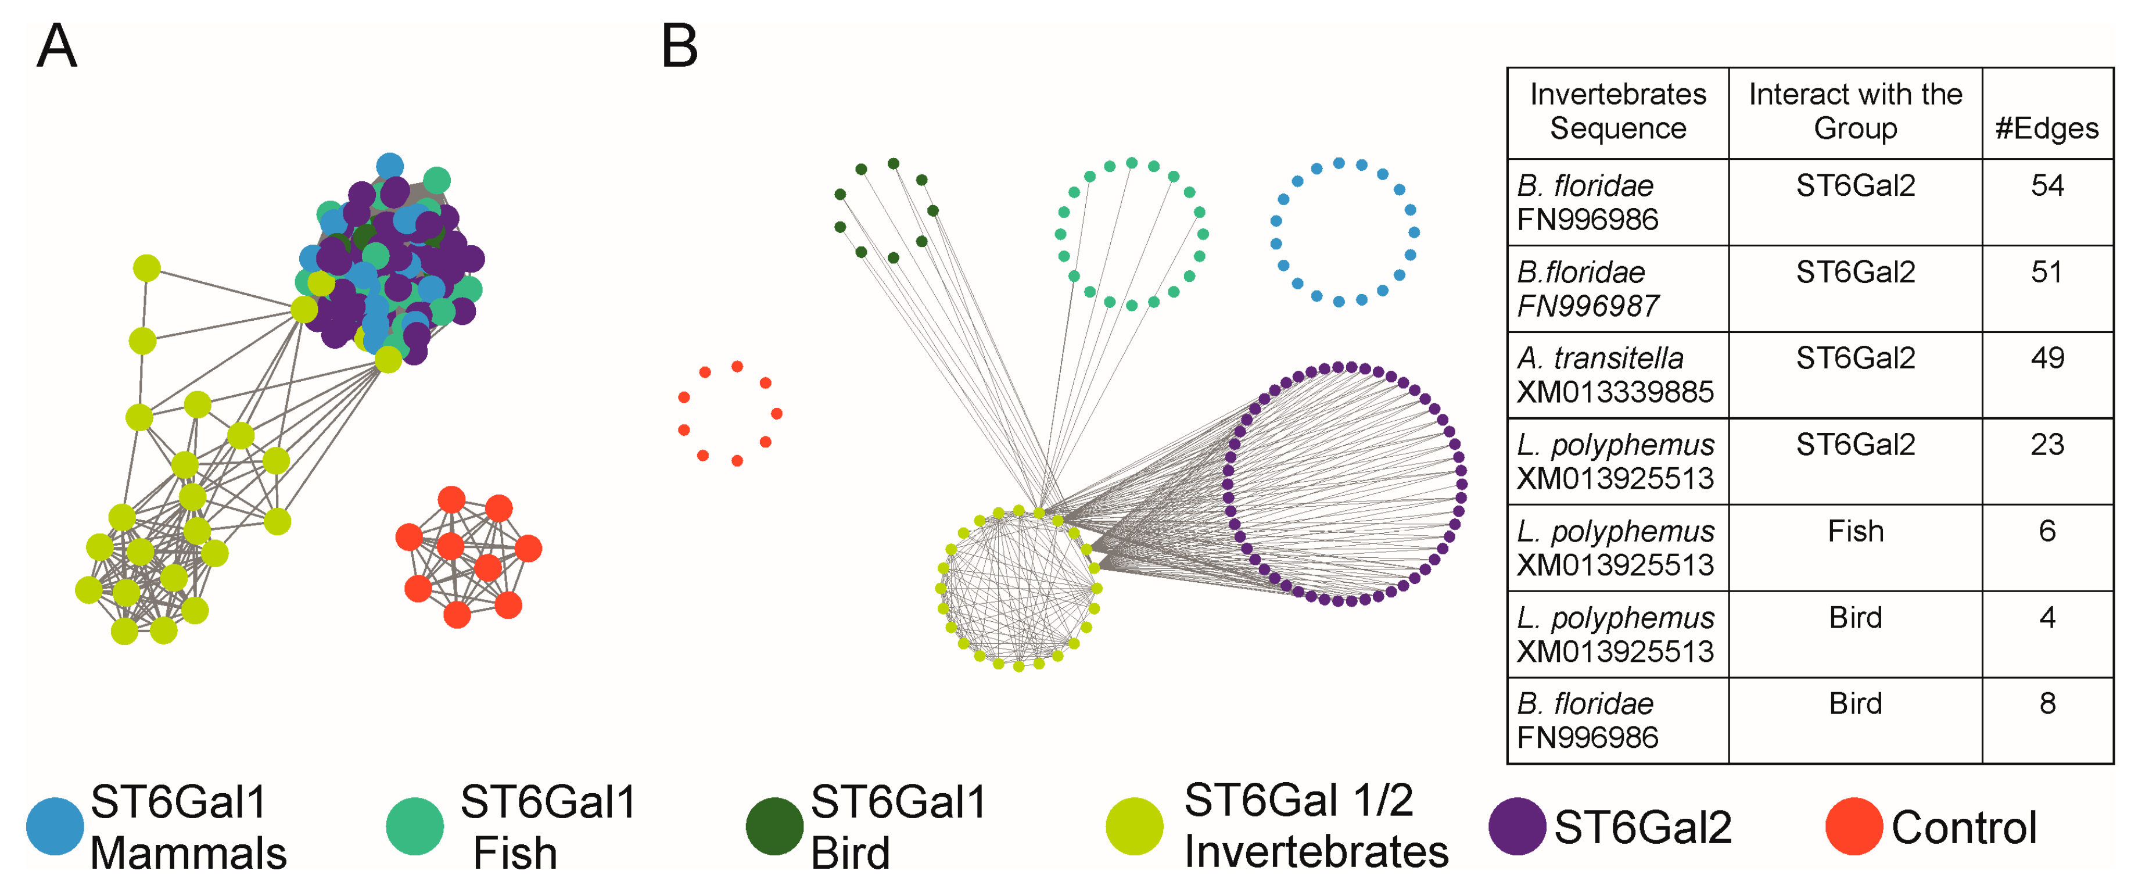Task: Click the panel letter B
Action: pyautogui.click(x=679, y=46)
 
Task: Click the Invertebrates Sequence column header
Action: pyautogui.click(x=1617, y=112)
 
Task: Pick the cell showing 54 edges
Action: pyautogui.click(x=2047, y=185)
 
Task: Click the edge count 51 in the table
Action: pyautogui.click(x=2047, y=272)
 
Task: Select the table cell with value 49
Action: pyautogui.click(x=2047, y=359)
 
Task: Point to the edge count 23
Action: pyautogui.click(x=2047, y=445)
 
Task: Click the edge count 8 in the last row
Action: pyautogui.click(x=2047, y=704)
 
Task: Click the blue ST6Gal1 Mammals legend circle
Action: pyautogui.click(x=55, y=826)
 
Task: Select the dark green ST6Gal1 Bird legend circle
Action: pyautogui.click(x=774, y=826)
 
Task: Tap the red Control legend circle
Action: pyautogui.click(x=1854, y=826)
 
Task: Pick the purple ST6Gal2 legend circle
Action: pyautogui.click(x=1516, y=826)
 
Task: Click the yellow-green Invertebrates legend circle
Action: pyautogui.click(x=1134, y=826)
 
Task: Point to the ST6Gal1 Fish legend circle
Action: pyautogui.click(x=414, y=826)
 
